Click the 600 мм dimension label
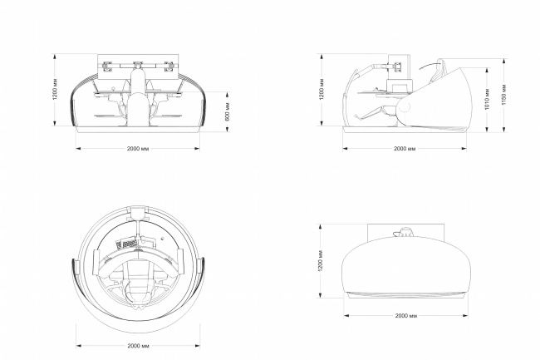pyautogui.click(x=228, y=111)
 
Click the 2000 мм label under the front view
pyautogui.click(x=138, y=150)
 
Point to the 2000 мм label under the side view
pyautogui.click(x=405, y=150)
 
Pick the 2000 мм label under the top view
pyautogui.click(x=138, y=345)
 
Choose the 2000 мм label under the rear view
pyautogui.click(x=405, y=317)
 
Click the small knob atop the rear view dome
pyautogui.click(x=405, y=233)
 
